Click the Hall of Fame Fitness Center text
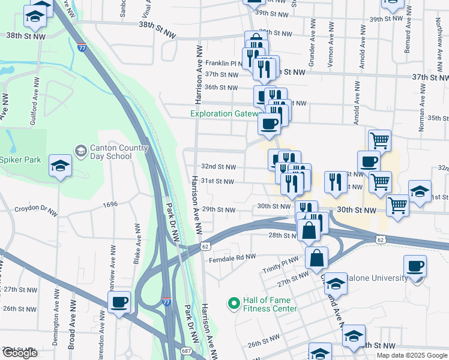click(x=270, y=305)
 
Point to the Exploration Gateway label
click(x=224, y=114)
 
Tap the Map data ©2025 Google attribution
click(x=411, y=355)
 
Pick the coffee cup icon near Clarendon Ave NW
click(x=119, y=302)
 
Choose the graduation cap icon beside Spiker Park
click(x=60, y=166)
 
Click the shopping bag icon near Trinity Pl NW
click(x=316, y=257)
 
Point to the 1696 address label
click(x=110, y=205)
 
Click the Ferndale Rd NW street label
click(x=232, y=257)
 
